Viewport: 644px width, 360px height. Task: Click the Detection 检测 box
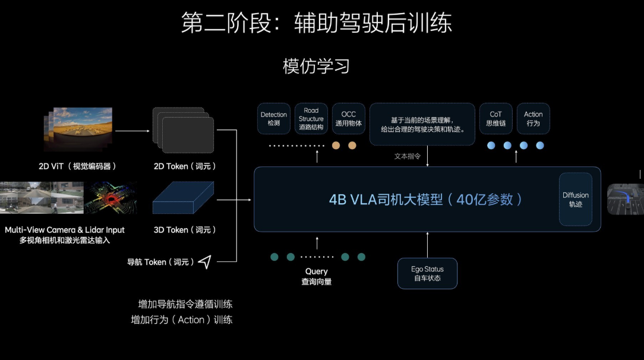pyautogui.click(x=273, y=119)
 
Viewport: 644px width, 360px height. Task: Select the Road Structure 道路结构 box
pyautogui.click(x=311, y=119)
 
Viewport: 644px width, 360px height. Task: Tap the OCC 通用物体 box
pyautogui.click(x=348, y=119)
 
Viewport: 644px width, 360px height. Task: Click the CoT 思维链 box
pyautogui.click(x=495, y=119)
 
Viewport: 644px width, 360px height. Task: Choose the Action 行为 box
pyautogui.click(x=533, y=119)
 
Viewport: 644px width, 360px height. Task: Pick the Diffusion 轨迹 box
pyautogui.click(x=576, y=199)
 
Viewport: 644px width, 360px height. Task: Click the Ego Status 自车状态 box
pyautogui.click(x=427, y=273)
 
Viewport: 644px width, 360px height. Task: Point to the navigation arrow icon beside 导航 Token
pyautogui.click(x=205, y=262)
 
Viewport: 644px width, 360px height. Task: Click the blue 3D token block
pyautogui.click(x=183, y=198)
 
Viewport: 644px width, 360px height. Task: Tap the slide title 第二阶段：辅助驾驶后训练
pyautogui.click(x=316, y=23)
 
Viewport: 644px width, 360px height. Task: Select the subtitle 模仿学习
pyautogui.click(x=316, y=67)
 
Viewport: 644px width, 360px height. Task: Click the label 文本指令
pyautogui.click(x=408, y=157)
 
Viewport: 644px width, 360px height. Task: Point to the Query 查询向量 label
pyautogui.click(x=317, y=276)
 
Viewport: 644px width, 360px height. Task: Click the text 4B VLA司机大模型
pyautogui.click(x=386, y=199)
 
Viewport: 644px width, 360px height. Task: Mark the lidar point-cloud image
pyautogui.click(x=110, y=197)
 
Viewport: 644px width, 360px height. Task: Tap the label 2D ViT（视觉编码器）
pyautogui.click(x=78, y=166)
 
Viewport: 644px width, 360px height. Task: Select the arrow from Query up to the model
pyautogui.click(x=317, y=242)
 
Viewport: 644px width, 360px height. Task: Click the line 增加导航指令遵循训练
pyautogui.click(x=185, y=304)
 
